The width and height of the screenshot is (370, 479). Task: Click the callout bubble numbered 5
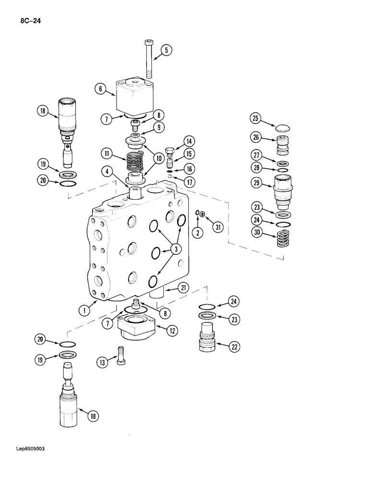click(165, 50)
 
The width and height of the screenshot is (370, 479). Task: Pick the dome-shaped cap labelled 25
click(282, 127)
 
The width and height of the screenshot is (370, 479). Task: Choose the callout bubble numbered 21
click(183, 288)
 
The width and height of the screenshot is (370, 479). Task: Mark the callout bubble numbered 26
click(255, 138)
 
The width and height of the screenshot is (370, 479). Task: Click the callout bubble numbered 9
click(158, 128)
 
